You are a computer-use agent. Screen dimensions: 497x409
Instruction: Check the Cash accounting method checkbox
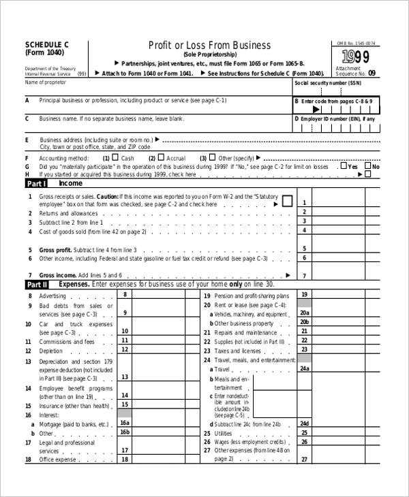click(x=117, y=157)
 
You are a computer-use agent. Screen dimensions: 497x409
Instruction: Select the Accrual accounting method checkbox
click(x=162, y=157)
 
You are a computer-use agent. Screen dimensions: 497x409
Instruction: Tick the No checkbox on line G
click(x=369, y=165)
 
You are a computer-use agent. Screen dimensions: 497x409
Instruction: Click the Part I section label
click(x=36, y=184)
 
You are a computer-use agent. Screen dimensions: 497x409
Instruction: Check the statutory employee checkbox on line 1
click(x=287, y=201)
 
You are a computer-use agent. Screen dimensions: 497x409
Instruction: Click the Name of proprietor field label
click(x=47, y=82)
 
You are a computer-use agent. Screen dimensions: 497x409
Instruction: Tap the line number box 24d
click(x=304, y=423)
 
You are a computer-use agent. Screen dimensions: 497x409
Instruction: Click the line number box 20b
click(x=304, y=322)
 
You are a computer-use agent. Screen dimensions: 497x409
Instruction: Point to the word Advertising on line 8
click(x=52, y=296)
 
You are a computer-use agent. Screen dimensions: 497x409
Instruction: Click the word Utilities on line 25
click(x=223, y=432)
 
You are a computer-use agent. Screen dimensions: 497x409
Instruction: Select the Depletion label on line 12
click(x=51, y=351)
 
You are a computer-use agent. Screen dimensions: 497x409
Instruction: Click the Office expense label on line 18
click(x=58, y=460)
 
